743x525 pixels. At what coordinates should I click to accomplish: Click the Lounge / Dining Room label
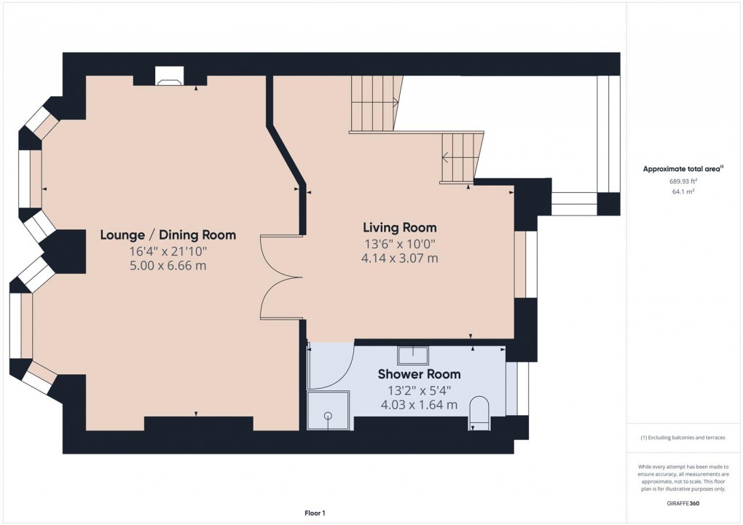point(168,235)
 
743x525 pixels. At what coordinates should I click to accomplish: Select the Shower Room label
point(419,374)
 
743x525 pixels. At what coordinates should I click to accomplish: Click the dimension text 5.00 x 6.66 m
point(168,266)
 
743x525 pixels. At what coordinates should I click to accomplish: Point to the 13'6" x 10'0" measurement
point(400,244)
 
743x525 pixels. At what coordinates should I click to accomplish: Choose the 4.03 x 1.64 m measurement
point(419,405)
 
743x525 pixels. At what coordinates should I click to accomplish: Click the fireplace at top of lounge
point(170,76)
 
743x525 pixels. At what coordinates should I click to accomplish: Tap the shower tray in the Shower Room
point(329,411)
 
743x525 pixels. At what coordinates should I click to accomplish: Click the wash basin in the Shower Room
point(412,355)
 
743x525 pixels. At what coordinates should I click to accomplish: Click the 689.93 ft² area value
point(683,182)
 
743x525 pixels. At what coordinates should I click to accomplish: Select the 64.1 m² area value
point(683,192)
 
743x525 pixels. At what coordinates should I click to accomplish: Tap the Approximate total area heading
point(683,169)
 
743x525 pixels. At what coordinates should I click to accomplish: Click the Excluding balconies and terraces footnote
point(683,438)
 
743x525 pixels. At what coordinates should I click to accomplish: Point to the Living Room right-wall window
point(525,264)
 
